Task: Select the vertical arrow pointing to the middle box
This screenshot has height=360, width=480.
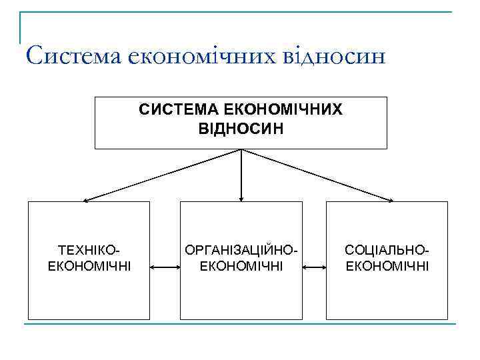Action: [x=241, y=177]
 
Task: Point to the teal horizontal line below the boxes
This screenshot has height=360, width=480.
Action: [x=240, y=325]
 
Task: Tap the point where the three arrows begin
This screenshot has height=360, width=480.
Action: [x=241, y=149]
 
